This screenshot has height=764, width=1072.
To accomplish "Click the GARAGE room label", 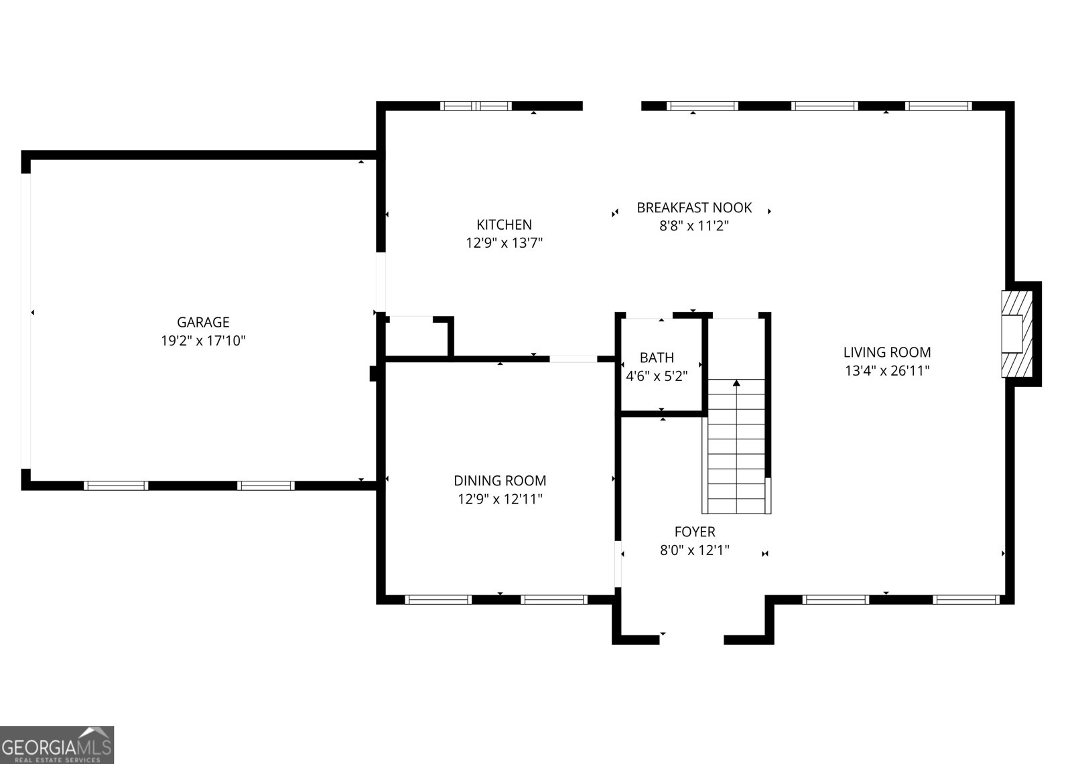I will (203, 322).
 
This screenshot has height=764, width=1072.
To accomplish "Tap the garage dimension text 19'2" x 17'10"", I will (203, 341).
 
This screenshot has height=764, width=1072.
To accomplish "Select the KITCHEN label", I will (504, 224).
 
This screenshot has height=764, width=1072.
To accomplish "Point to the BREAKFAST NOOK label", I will (694, 208).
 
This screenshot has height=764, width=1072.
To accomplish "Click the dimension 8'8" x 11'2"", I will (694, 226).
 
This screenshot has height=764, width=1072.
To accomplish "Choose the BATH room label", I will (657, 358).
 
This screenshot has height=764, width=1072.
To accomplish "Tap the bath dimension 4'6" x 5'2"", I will (657, 376).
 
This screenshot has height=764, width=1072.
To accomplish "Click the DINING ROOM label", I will (500, 480).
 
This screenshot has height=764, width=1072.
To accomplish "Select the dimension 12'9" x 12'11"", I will (500, 499).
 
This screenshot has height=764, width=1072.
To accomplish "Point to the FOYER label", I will (694, 532).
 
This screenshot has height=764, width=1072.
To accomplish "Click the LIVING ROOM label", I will (886, 352).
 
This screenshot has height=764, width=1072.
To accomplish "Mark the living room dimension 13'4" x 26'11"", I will (886, 370).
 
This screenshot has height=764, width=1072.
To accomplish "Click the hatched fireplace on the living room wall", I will (1017, 333).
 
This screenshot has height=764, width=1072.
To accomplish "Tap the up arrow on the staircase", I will (736, 383).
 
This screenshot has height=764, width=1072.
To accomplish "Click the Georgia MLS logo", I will (57, 745).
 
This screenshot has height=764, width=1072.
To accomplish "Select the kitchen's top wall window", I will (476, 106).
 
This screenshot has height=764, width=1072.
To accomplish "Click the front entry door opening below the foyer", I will (691, 639).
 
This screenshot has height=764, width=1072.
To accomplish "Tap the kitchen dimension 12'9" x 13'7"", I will (504, 243).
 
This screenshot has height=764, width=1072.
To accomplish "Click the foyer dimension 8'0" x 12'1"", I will (694, 550).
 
